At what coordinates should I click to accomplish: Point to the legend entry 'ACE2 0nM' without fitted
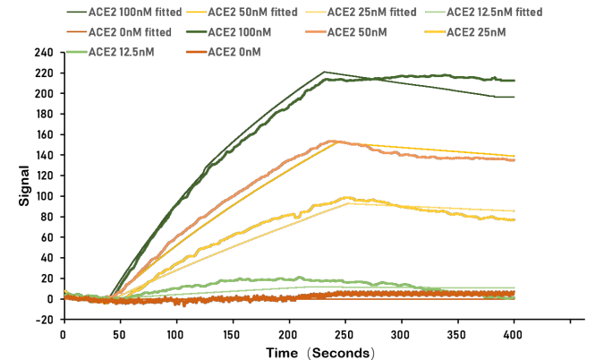(234, 52)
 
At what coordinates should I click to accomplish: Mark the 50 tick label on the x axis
(118, 334)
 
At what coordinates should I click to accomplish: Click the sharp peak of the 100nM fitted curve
(324, 72)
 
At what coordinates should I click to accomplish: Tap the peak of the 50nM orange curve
(332, 141)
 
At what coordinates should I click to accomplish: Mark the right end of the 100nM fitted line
(514, 97)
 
